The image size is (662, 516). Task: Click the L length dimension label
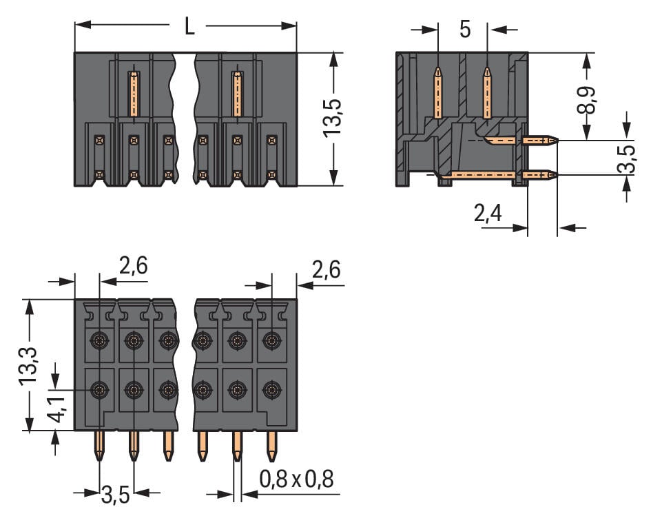189,26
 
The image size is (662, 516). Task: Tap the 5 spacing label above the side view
464,30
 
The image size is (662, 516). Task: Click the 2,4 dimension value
488,214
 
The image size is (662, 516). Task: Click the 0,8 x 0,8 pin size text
296,479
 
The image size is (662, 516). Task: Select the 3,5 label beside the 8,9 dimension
627,159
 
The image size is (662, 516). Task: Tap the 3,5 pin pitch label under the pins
116,494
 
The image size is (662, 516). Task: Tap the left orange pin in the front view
134,93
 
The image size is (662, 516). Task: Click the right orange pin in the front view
237,93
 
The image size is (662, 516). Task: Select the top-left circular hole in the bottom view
100,340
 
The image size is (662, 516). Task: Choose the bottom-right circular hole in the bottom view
272,391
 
